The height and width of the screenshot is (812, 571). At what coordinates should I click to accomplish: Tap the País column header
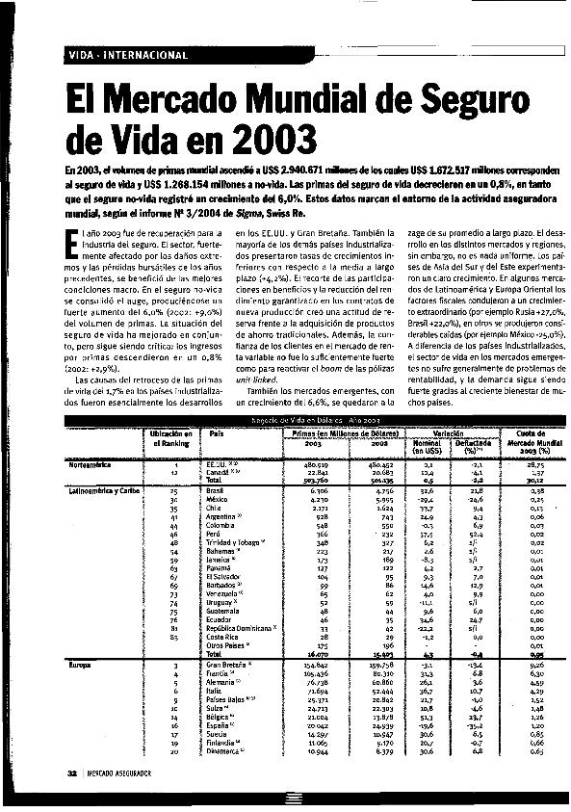(216, 434)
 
